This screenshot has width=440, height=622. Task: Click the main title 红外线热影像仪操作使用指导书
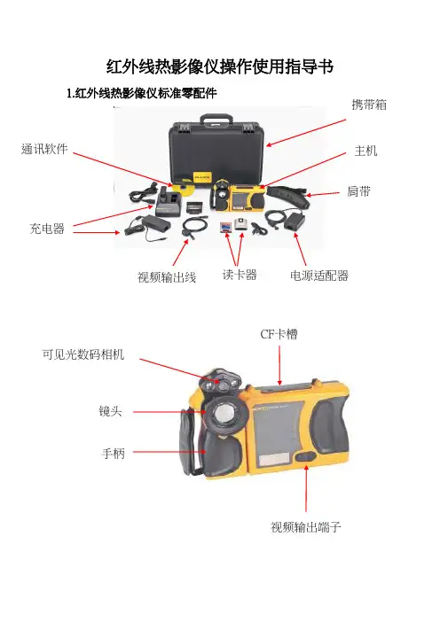(220, 66)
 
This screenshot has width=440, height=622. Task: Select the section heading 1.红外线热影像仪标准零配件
(142, 93)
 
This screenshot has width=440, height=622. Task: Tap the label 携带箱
(369, 105)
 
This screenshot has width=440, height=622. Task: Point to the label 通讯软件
(44, 149)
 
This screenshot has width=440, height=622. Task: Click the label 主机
(365, 151)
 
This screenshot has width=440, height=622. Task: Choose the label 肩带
(358, 191)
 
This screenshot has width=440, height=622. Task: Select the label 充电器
(47, 229)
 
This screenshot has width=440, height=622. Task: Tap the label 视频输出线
(167, 276)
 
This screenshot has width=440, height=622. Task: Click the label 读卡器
(240, 275)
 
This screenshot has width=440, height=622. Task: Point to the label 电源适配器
(319, 276)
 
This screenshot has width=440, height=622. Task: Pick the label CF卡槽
(279, 334)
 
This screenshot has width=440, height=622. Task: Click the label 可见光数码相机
(83, 354)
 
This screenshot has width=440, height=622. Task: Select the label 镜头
(110, 411)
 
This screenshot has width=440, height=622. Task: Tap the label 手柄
(114, 453)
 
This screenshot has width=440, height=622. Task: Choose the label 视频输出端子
(306, 527)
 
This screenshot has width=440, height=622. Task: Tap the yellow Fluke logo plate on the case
(202, 176)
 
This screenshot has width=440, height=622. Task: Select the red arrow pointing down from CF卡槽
(279, 365)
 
